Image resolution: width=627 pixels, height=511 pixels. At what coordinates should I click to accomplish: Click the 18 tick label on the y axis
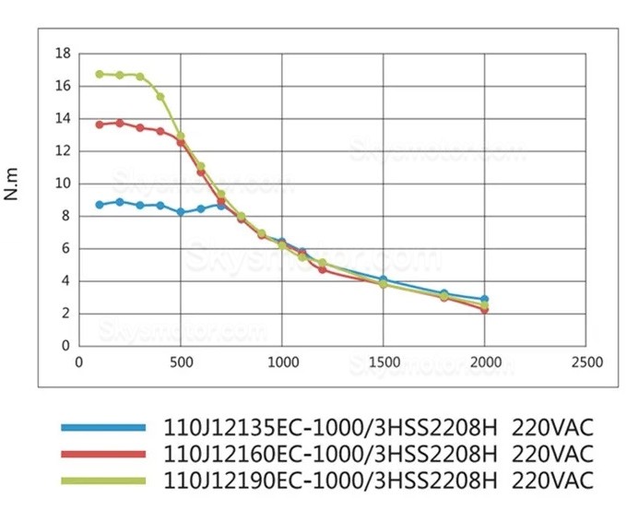(63, 53)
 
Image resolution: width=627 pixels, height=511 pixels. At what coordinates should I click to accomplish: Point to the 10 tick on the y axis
(63, 184)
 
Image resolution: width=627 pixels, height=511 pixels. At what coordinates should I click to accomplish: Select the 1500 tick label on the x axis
(384, 362)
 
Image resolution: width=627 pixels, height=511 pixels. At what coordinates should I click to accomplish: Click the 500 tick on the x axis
(181, 362)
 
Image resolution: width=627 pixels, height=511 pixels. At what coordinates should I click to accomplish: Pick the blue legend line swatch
(103, 427)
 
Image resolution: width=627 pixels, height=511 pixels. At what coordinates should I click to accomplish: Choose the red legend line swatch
(103, 454)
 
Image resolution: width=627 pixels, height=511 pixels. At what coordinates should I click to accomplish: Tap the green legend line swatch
(103, 481)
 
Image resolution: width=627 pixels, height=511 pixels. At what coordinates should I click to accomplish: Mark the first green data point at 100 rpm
(100, 74)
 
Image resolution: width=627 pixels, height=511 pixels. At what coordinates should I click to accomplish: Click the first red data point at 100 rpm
(100, 124)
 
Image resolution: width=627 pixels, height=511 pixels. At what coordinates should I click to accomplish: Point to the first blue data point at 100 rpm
(100, 204)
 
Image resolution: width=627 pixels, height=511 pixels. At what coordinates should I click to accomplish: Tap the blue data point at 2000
(485, 299)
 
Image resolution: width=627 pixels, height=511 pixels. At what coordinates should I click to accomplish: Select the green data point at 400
(160, 96)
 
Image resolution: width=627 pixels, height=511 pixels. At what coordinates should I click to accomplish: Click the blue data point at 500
(181, 212)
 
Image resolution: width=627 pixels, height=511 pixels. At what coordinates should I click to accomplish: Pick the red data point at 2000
(485, 310)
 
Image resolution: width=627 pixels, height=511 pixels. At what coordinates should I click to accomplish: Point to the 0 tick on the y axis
(66, 346)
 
